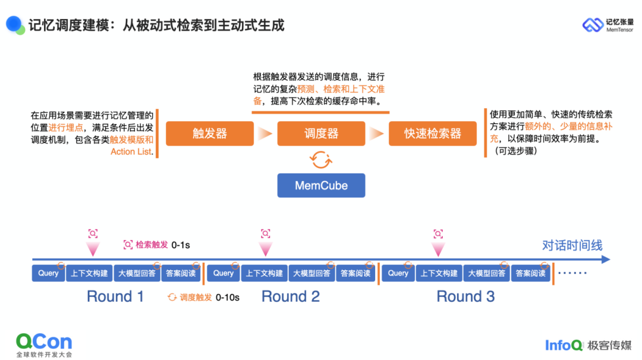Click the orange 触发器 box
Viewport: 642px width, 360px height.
click(210, 134)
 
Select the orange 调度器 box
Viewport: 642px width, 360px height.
click(321, 134)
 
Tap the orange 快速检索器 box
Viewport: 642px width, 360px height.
click(433, 134)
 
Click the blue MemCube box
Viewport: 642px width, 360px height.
click(321, 185)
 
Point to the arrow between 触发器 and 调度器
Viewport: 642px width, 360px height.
click(265, 134)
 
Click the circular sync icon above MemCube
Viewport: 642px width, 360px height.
click(321, 159)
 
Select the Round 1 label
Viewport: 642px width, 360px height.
click(115, 296)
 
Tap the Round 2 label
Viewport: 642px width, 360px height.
click(291, 296)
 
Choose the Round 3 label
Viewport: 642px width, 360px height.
click(465, 296)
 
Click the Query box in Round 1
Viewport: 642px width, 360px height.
click(49, 273)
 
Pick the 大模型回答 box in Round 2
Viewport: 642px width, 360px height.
click(311, 273)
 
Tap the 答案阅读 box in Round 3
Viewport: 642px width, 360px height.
click(530, 273)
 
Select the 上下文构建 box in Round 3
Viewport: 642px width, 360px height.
click(439, 273)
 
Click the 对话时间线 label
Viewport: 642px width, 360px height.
click(572, 245)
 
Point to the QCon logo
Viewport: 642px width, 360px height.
click(44, 343)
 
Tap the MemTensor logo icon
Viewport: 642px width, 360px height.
click(592, 25)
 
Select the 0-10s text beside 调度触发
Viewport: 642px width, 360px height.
click(228, 297)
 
